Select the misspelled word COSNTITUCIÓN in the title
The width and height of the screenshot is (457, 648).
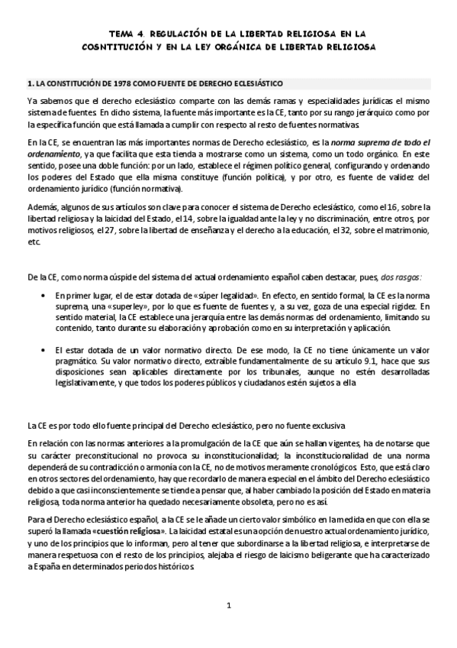click(116, 46)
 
